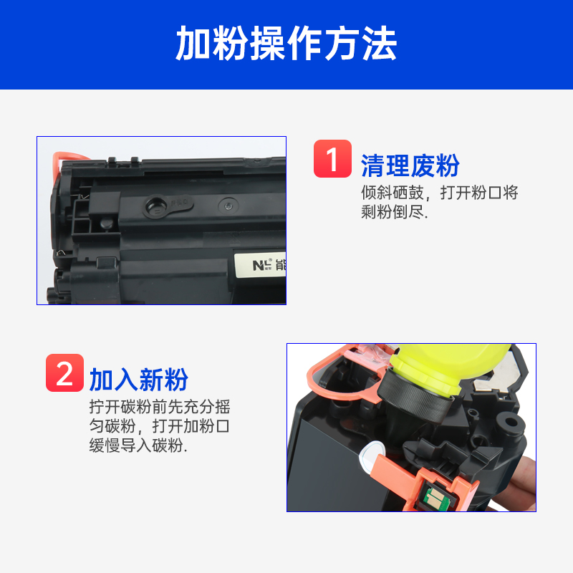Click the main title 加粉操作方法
coord(286,43)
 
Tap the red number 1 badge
coord(332,158)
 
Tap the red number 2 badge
coord(64,372)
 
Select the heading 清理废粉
coord(410,165)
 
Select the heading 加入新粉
coord(139,380)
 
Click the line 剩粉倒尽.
coord(395,212)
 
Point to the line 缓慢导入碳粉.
coord(138,446)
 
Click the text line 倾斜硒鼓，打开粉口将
coord(440,193)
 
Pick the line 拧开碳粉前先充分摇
coord(160,407)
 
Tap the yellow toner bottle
coord(451,367)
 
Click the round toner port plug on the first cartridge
coord(156,206)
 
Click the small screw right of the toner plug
coord(228,206)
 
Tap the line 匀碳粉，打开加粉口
coord(160,426)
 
